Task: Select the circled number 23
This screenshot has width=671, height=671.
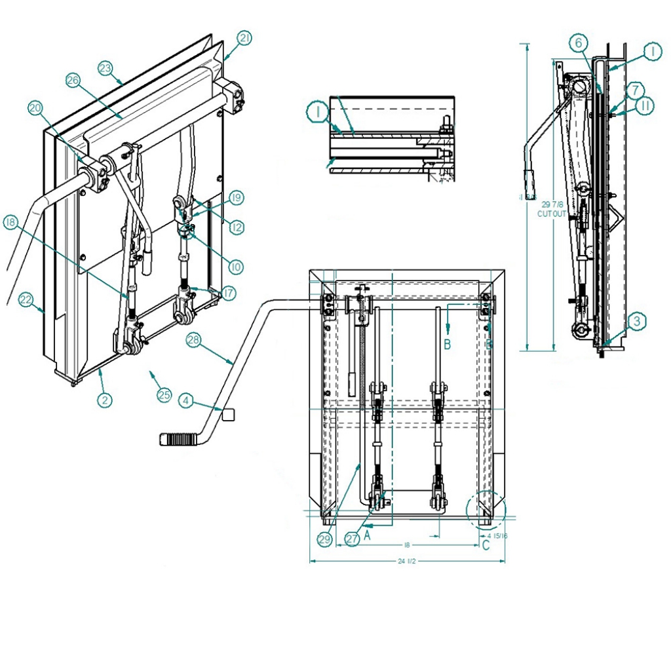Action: click(x=105, y=67)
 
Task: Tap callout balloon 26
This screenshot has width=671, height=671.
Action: click(x=73, y=80)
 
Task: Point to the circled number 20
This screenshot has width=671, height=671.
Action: click(x=35, y=107)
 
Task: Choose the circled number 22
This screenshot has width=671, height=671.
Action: click(x=26, y=299)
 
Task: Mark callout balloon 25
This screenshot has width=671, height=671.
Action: click(x=163, y=394)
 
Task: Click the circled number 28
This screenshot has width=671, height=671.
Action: click(x=193, y=339)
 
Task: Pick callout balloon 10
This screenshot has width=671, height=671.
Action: click(x=235, y=267)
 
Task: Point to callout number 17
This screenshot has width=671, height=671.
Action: click(x=228, y=295)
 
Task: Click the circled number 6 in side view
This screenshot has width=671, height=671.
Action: click(x=577, y=43)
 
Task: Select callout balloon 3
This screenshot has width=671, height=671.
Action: click(x=637, y=321)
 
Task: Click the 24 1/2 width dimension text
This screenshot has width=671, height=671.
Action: click(x=407, y=562)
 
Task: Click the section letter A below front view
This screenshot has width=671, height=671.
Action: click(x=368, y=535)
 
